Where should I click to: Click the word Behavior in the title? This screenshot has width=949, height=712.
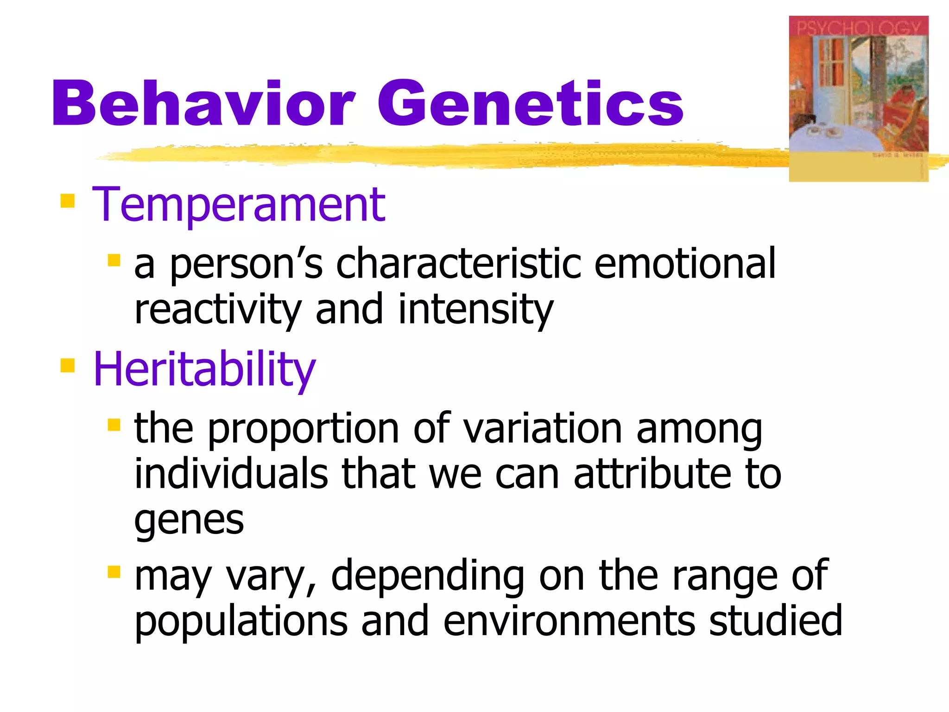coord(204,104)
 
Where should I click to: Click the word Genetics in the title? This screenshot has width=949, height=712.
coord(531,104)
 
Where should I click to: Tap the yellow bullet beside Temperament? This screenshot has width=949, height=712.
coord(67,202)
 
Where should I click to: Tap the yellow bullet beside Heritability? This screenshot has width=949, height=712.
coord(67,366)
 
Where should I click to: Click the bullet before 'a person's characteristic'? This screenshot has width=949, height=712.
coord(114,260)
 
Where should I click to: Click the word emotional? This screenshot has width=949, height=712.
coord(685,264)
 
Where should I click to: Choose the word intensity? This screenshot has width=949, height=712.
coord(476,310)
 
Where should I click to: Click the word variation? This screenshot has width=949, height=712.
coord(543,429)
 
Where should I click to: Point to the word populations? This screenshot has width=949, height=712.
coord(241,622)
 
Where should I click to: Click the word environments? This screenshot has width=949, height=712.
coord(569,622)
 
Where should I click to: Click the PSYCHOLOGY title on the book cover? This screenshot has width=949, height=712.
coord(859,27)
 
